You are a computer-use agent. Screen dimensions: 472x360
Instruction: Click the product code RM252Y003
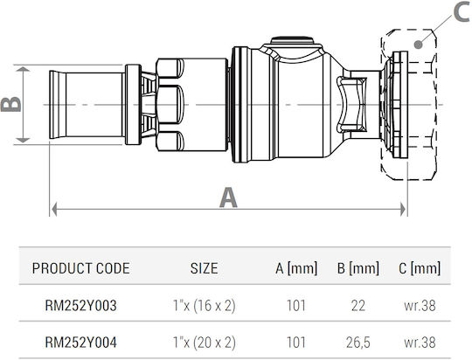(80, 306)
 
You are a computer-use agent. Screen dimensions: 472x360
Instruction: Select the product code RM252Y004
(80, 343)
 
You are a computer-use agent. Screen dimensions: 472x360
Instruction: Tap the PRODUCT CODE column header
(80, 268)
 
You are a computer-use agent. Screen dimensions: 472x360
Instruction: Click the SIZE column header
(204, 268)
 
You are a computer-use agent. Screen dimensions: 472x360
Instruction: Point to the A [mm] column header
(296, 268)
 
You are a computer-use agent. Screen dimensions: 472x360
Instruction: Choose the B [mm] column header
(357, 268)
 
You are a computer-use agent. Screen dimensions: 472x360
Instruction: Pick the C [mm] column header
(420, 268)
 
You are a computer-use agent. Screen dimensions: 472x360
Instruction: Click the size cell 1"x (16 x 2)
(204, 306)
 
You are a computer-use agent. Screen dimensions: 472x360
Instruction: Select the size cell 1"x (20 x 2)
(204, 343)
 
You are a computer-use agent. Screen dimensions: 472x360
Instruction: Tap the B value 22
(357, 306)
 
